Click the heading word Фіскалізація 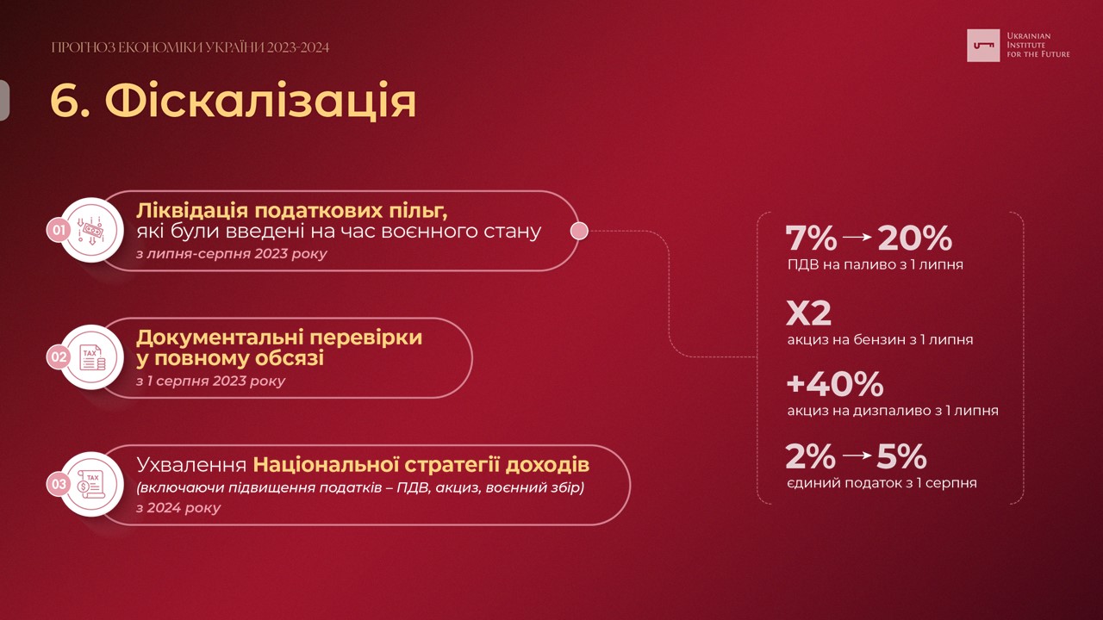click(261, 102)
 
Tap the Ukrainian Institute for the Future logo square click(983, 46)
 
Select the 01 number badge click(59, 230)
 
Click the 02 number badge click(59, 356)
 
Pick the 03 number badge click(59, 484)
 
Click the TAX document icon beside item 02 click(92, 357)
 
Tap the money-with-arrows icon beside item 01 click(92, 230)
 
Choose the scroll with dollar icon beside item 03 click(90, 484)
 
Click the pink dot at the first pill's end click(579, 230)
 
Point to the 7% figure click(811, 239)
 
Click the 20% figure click(915, 239)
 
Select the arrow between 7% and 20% click(857, 237)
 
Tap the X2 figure click(808, 313)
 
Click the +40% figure click(835, 384)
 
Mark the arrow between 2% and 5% click(857, 456)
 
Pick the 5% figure click(901, 456)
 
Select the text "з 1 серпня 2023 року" click(211, 381)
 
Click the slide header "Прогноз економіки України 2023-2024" click(190, 47)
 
